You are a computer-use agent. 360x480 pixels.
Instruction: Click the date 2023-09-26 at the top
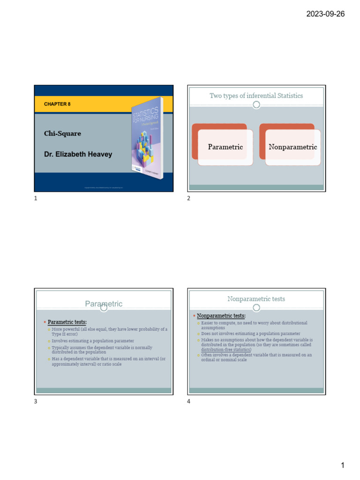tap(325, 14)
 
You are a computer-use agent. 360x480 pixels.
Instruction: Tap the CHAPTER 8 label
tap(57, 104)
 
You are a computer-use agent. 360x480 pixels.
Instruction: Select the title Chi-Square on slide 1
tap(62, 134)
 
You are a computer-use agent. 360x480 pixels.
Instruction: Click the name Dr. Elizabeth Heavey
tap(78, 154)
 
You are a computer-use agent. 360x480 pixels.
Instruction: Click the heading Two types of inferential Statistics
tap(256, 96)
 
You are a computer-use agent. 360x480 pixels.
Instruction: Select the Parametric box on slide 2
tap(225, 147)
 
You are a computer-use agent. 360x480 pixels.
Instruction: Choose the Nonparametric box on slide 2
tap(292, 147)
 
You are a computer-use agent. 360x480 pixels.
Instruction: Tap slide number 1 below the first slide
tap(36, 199)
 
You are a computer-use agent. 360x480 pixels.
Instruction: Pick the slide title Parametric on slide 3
tap(104, 304)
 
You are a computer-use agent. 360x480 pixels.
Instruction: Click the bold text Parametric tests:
tap(67, 322)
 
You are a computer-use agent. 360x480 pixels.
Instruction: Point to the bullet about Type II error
tap(109, 331)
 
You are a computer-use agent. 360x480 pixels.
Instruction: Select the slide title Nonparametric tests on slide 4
tap(256, 299)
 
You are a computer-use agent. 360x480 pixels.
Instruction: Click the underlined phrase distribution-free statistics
tap(226, 350)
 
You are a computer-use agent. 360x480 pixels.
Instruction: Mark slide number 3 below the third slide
tap(36, 401)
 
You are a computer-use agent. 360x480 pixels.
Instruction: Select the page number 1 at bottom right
tap(343, 465)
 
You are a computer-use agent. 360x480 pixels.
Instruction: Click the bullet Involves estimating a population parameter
tap(93, 341)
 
